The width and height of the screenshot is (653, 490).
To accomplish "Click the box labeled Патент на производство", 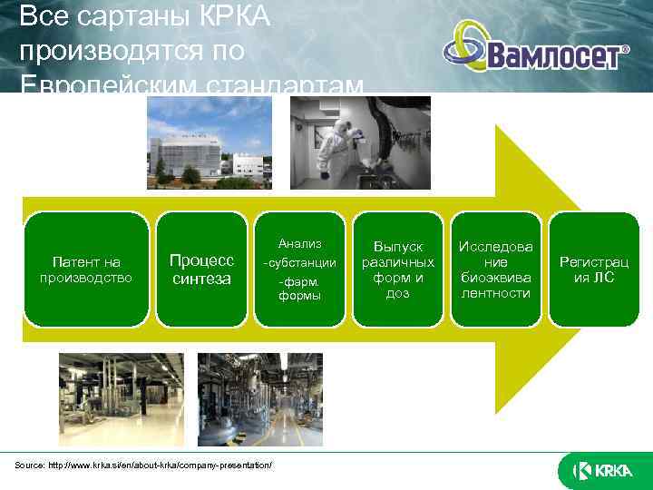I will coord(86,269).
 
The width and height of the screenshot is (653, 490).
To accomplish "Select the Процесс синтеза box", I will coord(200,269).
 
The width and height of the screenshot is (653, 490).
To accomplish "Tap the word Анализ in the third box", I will coord(299,243).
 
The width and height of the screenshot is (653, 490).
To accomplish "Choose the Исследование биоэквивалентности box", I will coord(495,269).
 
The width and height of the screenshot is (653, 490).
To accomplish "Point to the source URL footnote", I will coord(143,465).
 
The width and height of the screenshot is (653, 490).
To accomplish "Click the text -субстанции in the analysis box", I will coord(300,263).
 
